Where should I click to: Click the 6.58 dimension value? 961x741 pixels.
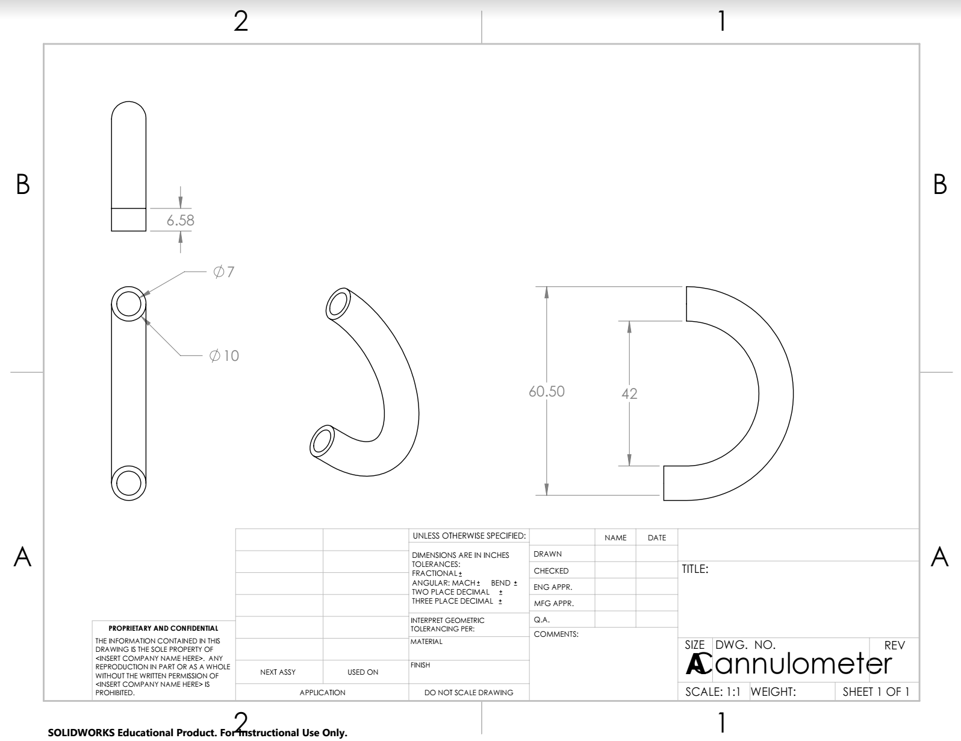pyautogui.click(x=181, y=220)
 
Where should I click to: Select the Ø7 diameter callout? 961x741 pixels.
pyautogui.click(x=224, y=272)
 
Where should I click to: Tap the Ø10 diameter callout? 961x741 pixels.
pyautogui.click(x=224, y=355)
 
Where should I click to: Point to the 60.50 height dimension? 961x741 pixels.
pyautogui.click(x=547, y=392)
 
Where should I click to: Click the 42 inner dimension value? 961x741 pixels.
pyautogui.click(x=629, y=394)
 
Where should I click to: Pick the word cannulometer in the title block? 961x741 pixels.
pyautogui.click(x=803, y=663)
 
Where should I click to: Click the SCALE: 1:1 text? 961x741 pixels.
pyautogui.click(x=713, y=692)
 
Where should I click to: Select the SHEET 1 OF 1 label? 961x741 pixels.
pyautogui.click(x=875, y=692)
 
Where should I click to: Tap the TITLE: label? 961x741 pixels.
pyautogui.click(x=695, y=569)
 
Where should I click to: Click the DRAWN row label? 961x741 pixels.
pyautogui.click(x=547, y=554)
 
